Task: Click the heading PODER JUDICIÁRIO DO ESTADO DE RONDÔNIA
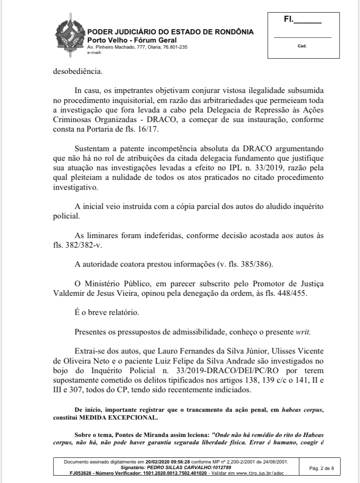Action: pyautogui.click(x=170, y=32)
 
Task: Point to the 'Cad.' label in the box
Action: pyautogui.click(x=302, y=46)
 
